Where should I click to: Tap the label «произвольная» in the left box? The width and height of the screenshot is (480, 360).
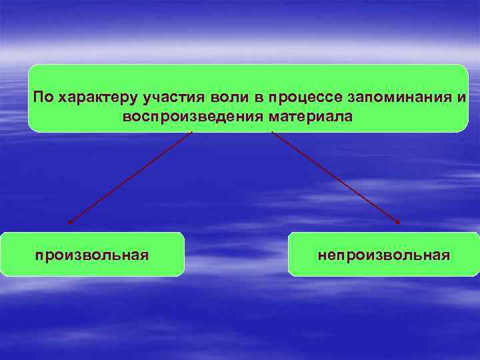tap(92, 255)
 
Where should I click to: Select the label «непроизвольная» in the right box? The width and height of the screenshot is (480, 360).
tap(384, 255)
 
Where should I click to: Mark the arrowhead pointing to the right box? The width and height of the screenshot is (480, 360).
tap(399, 222)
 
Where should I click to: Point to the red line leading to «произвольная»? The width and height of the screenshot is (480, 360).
tap(130, 177)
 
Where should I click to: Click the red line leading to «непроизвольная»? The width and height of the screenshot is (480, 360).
tap(335, 177)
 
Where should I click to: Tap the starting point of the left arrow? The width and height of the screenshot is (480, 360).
tap(192, 133)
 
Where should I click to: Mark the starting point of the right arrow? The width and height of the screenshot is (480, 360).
tap(272, 132)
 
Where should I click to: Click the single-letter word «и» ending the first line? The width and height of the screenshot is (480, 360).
tap(462, 98)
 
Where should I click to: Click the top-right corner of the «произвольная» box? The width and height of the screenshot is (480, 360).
tap(183, 233)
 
